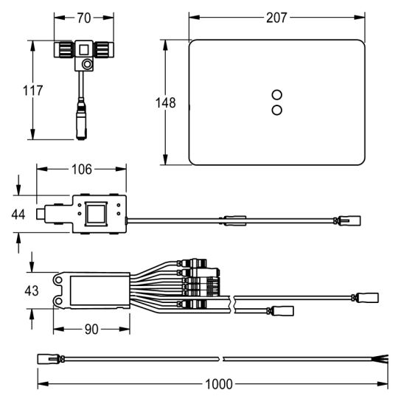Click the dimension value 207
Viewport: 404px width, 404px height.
tap(276, 18)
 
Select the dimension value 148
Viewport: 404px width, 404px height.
tap(166, 102)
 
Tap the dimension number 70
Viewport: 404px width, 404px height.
tap(84, 18)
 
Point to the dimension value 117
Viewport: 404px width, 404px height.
tap(32, 91)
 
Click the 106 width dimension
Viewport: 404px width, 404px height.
tap(81, 170)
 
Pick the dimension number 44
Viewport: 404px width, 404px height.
tap(18, 215)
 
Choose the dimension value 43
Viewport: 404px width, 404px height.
tap(32, 291)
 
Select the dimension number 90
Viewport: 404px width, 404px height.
tap(91, 330)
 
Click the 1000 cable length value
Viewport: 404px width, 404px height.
tap(219, 384)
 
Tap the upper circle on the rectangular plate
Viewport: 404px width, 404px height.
tap(276, 94)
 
